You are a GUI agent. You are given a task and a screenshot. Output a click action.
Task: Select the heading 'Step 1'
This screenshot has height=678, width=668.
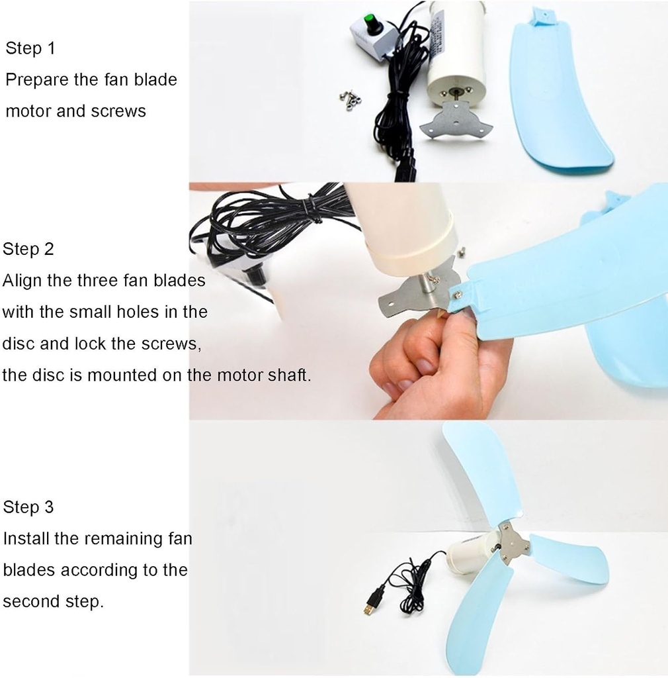point(30,48)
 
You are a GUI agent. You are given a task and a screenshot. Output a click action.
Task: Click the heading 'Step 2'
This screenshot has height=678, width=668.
point(28,249)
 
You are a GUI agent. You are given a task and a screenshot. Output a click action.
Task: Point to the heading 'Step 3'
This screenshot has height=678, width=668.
point(28,507)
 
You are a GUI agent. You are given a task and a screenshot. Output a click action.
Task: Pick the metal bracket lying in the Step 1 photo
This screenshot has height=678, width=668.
point(455,121)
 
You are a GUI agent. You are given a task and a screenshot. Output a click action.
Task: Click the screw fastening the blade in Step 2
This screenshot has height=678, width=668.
point(457,295)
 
